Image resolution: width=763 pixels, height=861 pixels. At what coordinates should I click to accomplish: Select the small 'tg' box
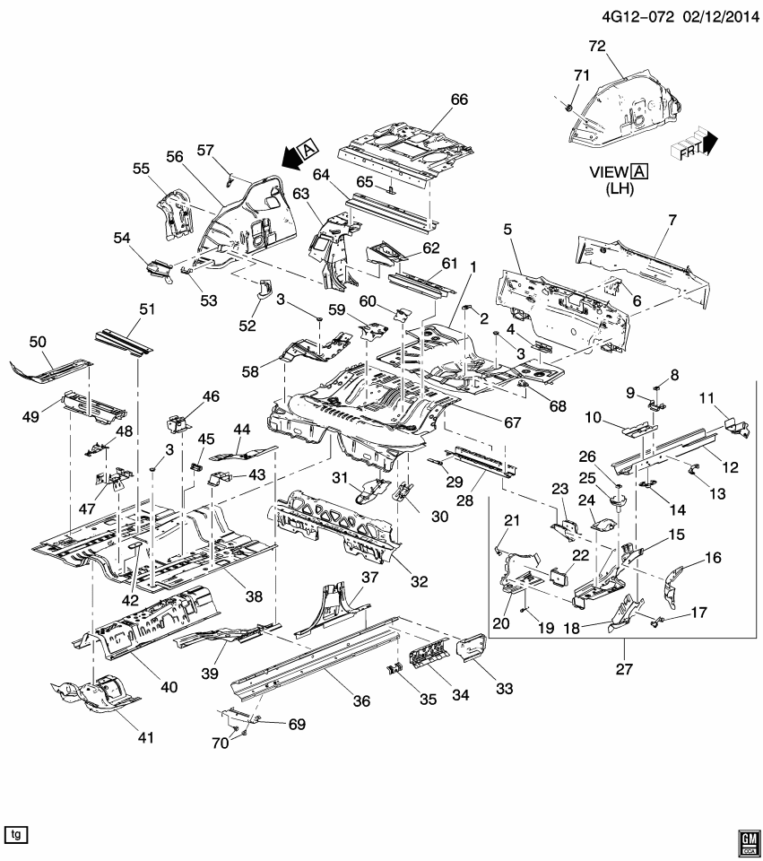tap(15, 834)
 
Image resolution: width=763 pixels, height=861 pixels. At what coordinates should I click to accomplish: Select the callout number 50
tap(38, 343)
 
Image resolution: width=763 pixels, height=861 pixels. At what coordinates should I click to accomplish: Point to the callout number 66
tap(459, 100)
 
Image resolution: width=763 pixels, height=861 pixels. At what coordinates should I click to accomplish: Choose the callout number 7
tap(672, 220)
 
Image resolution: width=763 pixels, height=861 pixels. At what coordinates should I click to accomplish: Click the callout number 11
tap(706, 396)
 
